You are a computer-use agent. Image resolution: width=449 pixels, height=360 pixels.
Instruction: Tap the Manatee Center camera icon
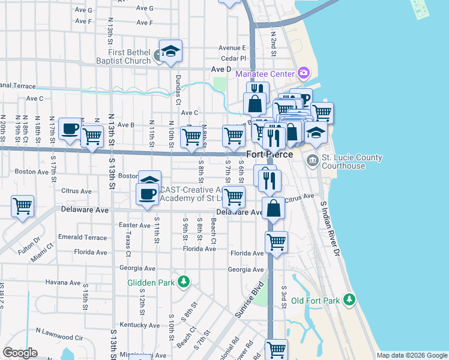304,74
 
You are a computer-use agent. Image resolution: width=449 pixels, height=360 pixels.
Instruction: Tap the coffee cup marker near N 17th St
71,127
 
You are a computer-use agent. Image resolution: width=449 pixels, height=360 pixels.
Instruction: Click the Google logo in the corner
20,353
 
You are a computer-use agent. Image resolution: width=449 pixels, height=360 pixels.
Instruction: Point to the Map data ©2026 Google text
411,355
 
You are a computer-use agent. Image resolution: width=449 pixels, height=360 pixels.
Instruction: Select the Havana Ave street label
62,283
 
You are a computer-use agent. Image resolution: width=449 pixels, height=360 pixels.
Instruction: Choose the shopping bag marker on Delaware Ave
273,209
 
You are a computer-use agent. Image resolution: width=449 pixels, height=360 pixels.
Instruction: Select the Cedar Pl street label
234,58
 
